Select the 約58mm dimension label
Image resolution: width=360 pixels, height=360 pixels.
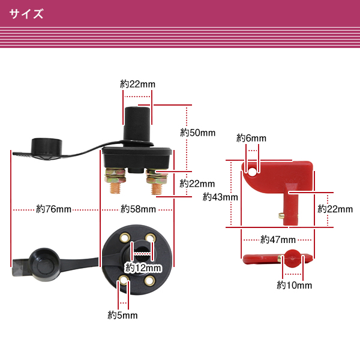tap(138, 209)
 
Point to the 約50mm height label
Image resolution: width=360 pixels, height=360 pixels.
tap(197, 132)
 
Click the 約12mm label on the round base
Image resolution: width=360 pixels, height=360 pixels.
tap(143, 267)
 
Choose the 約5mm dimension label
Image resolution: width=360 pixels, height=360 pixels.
tap(123, 314)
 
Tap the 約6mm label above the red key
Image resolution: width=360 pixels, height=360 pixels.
tap(251, 138)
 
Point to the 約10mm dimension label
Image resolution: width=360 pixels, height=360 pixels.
tap(294, 286)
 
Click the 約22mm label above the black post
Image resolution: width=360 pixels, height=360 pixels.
tap(137, 84)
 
